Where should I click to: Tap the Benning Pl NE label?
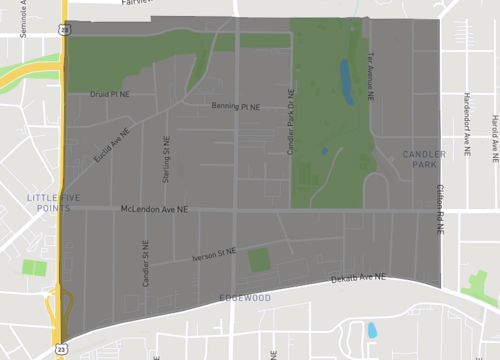(x=235, y=105)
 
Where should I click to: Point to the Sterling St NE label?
(x=167, y=160)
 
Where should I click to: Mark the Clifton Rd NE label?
(x=439, y=209)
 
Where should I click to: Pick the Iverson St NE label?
(x=214, y=254)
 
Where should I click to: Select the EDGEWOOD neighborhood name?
(x=246, y=298)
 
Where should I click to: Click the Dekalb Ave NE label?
(x=358, y=278)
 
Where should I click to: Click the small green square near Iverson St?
(x=259, y=260)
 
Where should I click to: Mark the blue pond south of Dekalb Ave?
(x=372, y=330)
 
